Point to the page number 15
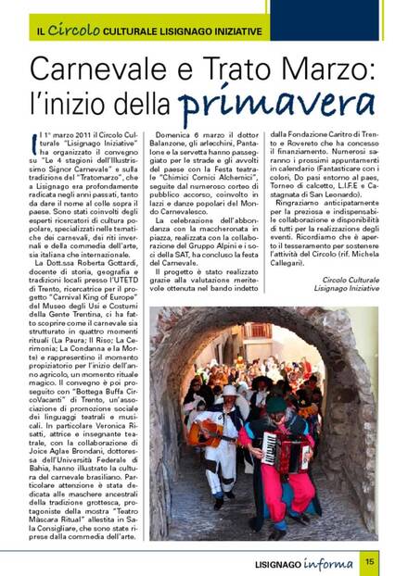[369, 559]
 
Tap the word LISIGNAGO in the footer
[277, 560]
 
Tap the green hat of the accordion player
[276, 404]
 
